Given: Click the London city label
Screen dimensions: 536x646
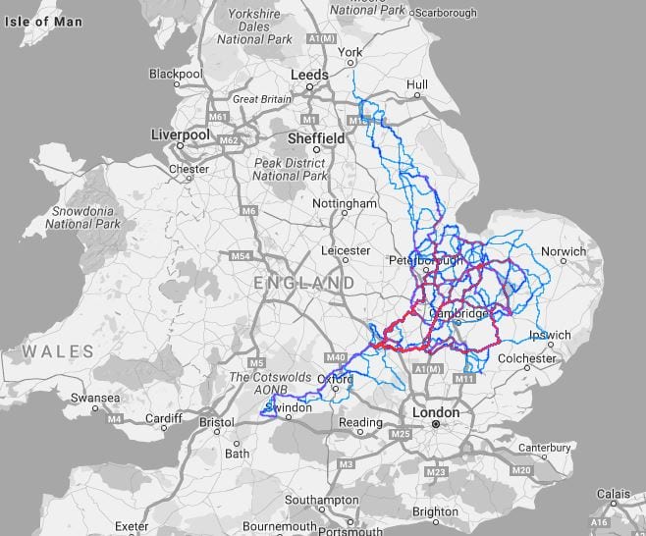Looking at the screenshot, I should pyautogui.click(x=435, y=412).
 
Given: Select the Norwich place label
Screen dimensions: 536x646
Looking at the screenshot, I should pyautogui.click(x=564, y=251).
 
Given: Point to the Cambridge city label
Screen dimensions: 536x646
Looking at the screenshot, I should pyautogui.click(x=458, y=314).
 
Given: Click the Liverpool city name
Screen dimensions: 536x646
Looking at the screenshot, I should pyautogui.click(x=183, y=134).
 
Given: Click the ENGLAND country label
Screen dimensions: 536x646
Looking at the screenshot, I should pyautogui.click(x=303, y=283).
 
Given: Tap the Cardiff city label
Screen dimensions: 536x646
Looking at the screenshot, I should pyautogui.click(x=164, y=419).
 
